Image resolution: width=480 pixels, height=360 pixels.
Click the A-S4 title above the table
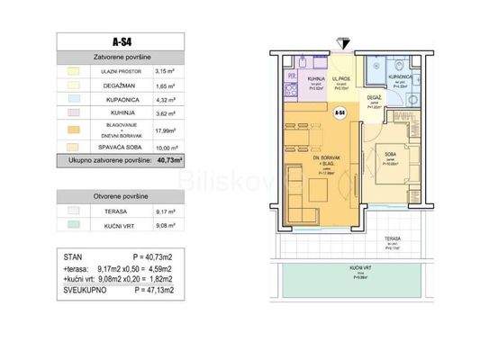(x=121, y=41)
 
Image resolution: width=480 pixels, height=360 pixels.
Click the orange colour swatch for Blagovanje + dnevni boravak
(x=76, y=130)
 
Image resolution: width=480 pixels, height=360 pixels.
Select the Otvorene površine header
(x=121, y=195)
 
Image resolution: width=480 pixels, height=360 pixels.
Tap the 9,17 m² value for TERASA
(x=164, y=212)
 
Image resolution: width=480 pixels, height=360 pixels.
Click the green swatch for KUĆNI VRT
(x=76, y=228)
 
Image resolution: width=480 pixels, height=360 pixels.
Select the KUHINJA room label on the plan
(x=316, y=80)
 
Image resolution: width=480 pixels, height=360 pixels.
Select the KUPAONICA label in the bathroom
(x=401, y=78)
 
